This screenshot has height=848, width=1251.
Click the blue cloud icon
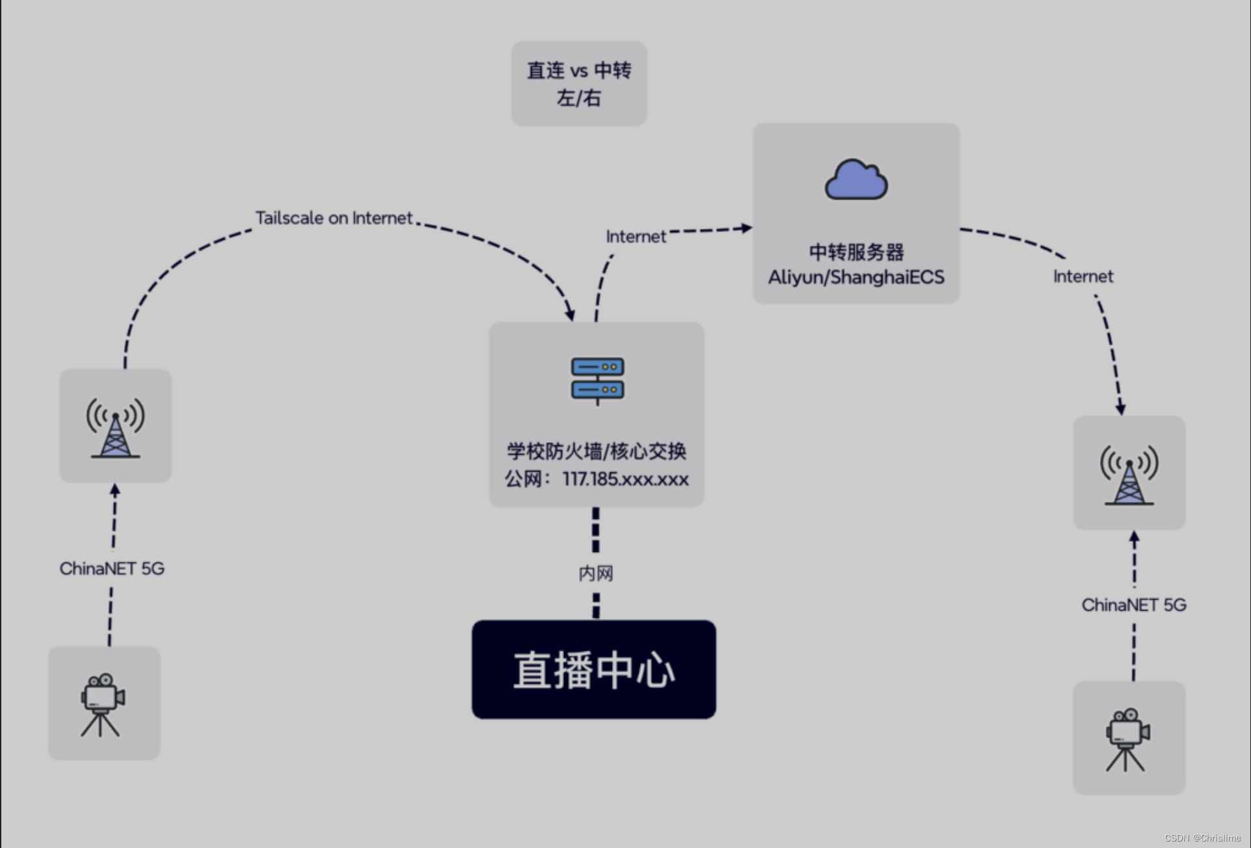point(855,179)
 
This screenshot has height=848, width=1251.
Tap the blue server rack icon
point(597,379)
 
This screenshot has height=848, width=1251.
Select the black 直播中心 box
point(593,669)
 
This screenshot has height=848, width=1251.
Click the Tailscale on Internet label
point(334,218)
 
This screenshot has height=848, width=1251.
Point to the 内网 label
point(595,573)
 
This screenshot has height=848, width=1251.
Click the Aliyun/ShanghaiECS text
point(855,277)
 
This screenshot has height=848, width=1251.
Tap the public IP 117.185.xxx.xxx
point(625,479)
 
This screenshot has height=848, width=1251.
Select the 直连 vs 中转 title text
point(578,70)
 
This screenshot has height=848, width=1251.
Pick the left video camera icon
point(102,704)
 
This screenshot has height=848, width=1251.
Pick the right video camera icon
point(1127,739)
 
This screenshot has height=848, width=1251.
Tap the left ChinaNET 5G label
point(112,568)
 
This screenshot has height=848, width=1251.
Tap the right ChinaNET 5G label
point(1133,605)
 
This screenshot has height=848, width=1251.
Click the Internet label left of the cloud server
point(636,237)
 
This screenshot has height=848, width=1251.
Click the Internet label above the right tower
point(1083,276)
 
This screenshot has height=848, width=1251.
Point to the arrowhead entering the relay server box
point(746,228)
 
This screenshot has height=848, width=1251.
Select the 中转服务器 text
point(855,252)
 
